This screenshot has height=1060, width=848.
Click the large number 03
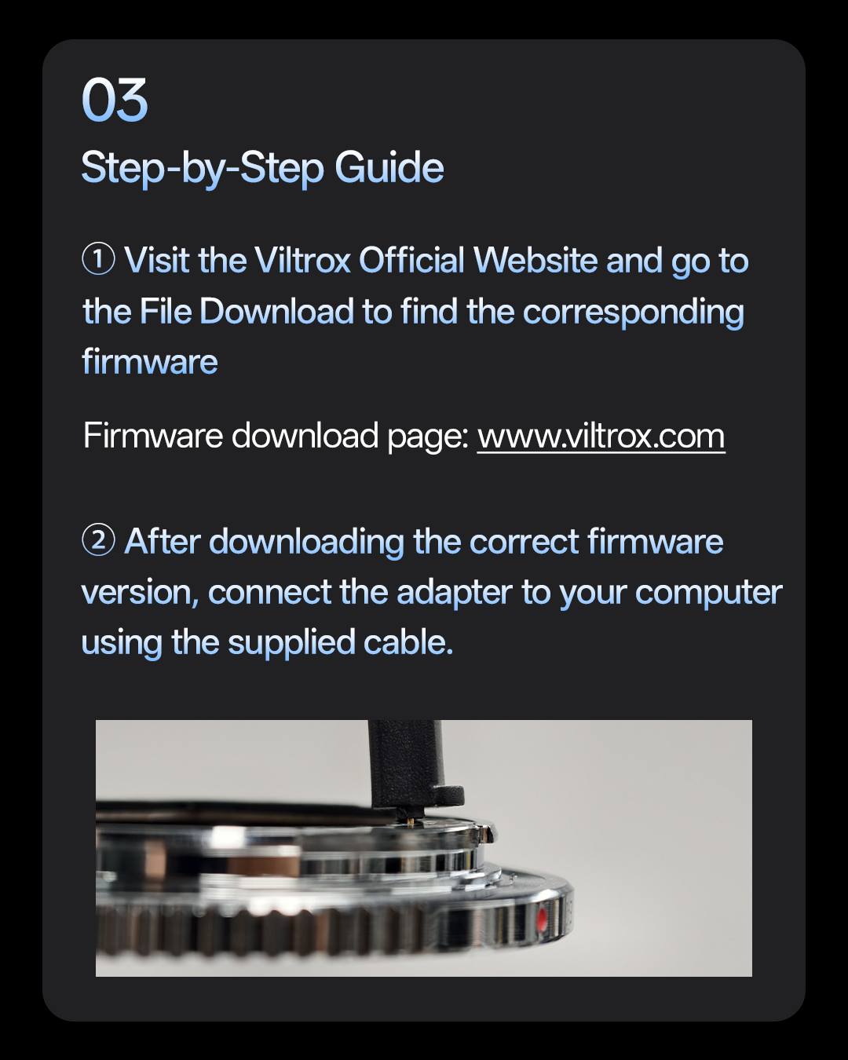tap(115, 100)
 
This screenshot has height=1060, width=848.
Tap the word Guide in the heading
tap(389, 167)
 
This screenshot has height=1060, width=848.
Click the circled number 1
tap(99, 260)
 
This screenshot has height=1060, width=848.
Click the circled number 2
tap(99, 540)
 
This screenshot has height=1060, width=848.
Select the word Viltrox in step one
tap(302, 260)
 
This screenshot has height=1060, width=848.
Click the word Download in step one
tap(276, 311)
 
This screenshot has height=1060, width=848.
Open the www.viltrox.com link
tap(601, 437)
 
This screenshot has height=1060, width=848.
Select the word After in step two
tap(163, 541)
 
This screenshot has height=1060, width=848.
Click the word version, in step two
tap(140, 593)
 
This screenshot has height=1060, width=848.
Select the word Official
tap(411, 260)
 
